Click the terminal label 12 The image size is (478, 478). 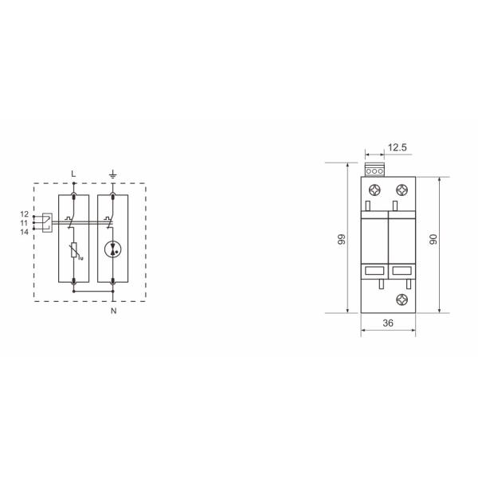tap(24, 214)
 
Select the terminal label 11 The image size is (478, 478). tap(24, 223)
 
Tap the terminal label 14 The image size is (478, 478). tap(24, 233)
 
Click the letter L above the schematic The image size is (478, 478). tap(73, 174)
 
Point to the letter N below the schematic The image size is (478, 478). tap(113, 311)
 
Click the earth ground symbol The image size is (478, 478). tap(113, 174)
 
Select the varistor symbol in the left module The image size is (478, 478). tap(74, 250)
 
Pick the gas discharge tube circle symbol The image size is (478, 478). tap(113, 249)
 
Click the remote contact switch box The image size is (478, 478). tap(47, 223)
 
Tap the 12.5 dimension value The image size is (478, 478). tap(398, 147)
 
